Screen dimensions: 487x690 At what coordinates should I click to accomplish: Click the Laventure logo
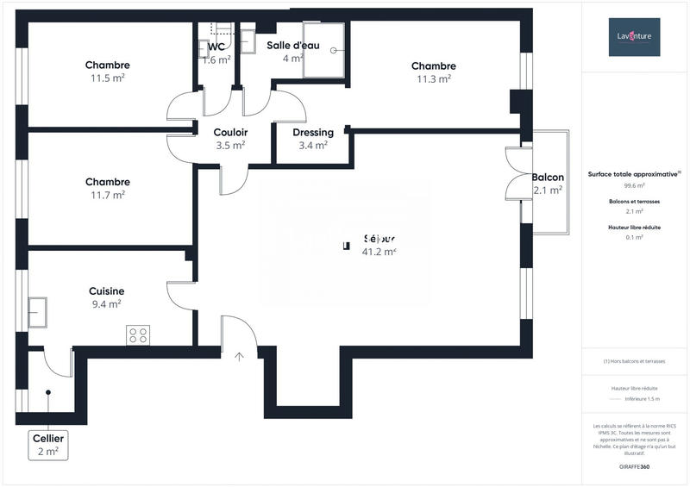pyautogui.click(x=634, y=36)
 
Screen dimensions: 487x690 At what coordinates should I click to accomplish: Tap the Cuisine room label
pyautogui.click(x=106, y=291)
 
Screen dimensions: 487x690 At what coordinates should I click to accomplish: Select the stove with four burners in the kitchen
pyautogui.click(x=138, y=335)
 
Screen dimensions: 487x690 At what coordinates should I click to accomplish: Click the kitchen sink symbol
pyautogui.click(x=38, y=312)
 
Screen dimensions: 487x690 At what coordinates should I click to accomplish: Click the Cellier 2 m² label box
pyautogui.click(x=47, y=444)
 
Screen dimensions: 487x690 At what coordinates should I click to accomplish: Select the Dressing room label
pyautogui.click(x=313, y=133)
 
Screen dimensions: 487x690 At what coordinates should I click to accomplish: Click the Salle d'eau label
pyautogui.click(x=294, y=45)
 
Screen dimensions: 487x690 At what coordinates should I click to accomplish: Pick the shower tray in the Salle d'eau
pyautogui.click(x=323, y=51)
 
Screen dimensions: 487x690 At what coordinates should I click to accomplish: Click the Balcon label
pyautogui.click(x=548, y=177)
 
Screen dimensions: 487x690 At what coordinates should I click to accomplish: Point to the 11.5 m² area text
pyautogui.click(x=107, y=78)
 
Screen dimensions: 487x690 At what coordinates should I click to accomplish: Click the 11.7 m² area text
pyautogui.click(x=107, y=195)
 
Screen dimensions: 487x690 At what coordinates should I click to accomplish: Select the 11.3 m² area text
pyautogui.click(x=433, y=78)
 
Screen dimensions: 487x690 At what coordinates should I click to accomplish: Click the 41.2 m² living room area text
pyautogui.click(x=379, y=252)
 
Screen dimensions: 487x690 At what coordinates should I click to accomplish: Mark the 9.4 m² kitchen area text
pyautogui.click(x=106, y=303)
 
